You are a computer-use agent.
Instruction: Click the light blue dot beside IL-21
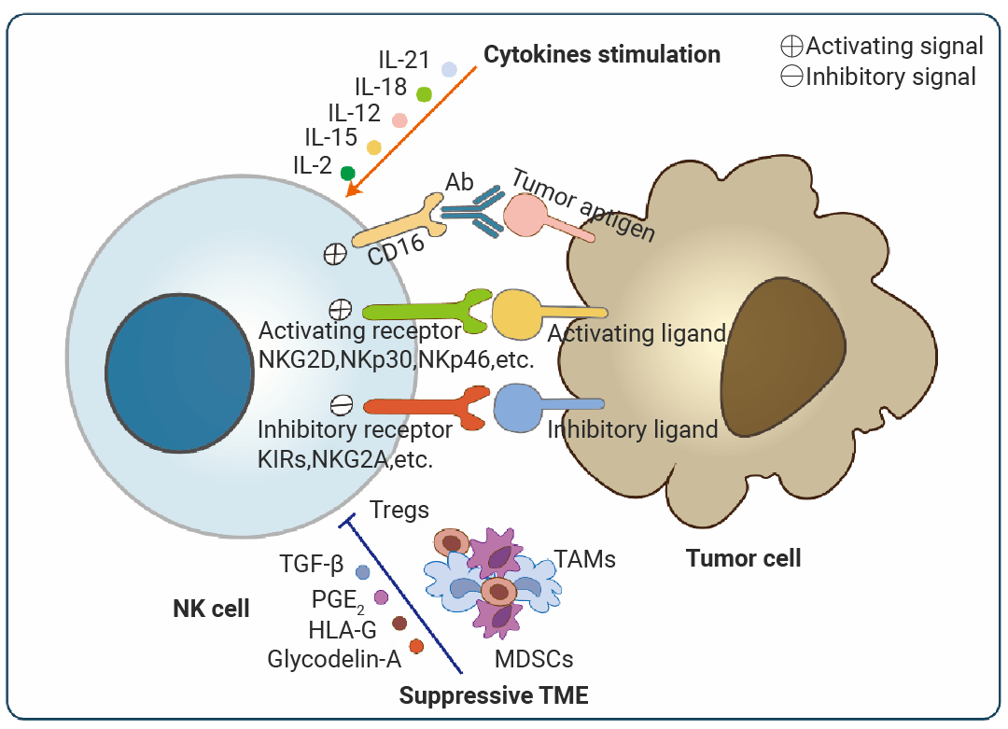pyautogui.click(x=449, y=69)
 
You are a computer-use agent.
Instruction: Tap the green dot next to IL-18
pyautogui.click(x=424, y=93)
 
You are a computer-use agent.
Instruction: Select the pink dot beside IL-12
pyautogui.click(x=399, y=119)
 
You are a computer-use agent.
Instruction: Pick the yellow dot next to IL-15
pyautogui.click(x=374, y=147)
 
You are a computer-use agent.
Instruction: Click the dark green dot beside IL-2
pyautogui.click(x=348, y=173)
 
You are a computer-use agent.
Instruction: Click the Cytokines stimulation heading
pyautogui.click(x=602, y=54)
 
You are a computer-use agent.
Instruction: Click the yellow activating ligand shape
pyautogui.click(x=523, y=314)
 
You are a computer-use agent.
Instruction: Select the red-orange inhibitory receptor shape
pyautogui.click(x=420, y=409)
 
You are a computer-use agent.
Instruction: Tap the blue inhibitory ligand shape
pyautogui.click(x=523, y=406)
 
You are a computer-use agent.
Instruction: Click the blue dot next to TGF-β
pyautogui.click(x=363, y=571)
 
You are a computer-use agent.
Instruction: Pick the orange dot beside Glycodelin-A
pyautogui.click(x=416, y=646)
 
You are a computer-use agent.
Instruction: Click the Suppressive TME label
pyautogui.click(x=494, y=695)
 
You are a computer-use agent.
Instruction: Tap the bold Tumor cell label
pyautogui.click(x=743, y=559)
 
